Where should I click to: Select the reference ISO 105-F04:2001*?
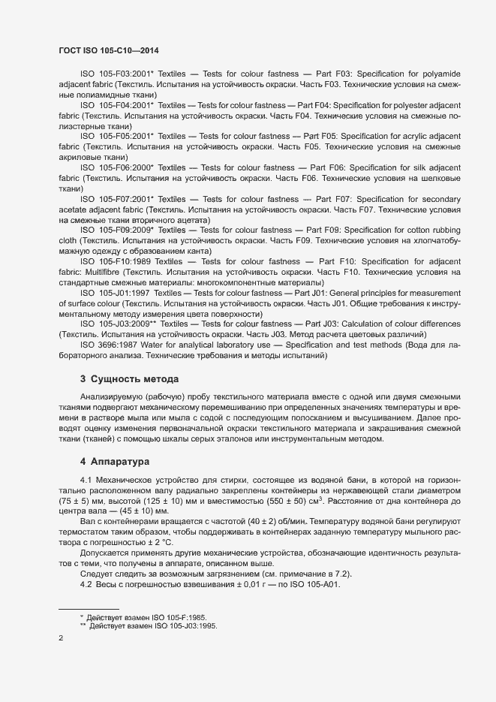(x=116, y=106)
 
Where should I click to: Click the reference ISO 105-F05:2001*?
(x=116, y=137)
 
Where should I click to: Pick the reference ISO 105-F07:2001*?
(x=116, y=199)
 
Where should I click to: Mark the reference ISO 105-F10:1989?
(x=115, y=261)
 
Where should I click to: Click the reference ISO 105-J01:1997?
(x=114, y=292)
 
